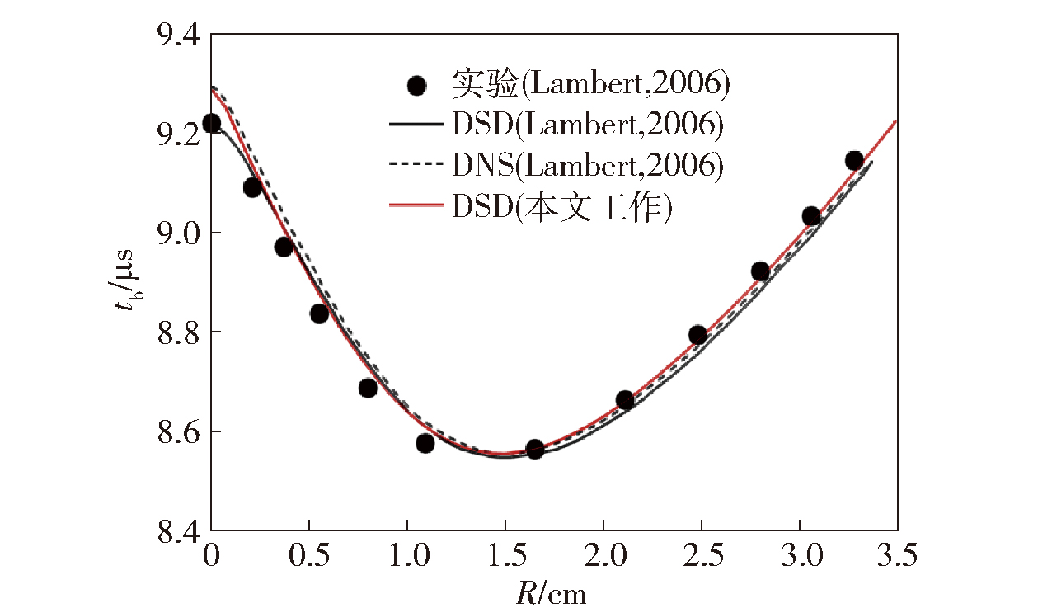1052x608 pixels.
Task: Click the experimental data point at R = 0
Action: (211, 123)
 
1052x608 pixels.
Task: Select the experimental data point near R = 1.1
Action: (425, 443)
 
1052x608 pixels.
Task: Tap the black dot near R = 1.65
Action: (534, 449)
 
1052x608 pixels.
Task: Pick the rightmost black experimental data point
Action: (854, 160)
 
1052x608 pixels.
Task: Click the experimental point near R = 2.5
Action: (697, 334)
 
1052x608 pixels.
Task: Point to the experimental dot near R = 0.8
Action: (368, 388)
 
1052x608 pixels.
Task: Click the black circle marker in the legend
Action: (417, 85)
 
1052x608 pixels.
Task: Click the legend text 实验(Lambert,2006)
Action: (590, 83)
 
